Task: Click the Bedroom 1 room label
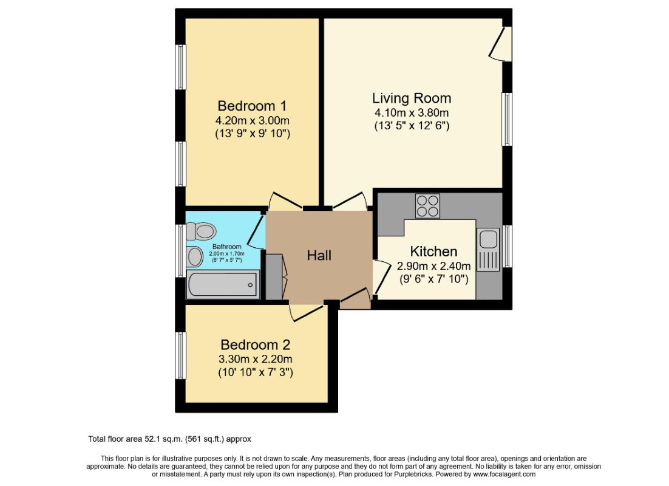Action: [252, 104]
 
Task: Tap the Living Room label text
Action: [412, 98]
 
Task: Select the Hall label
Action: [319, 256]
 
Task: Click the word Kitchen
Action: [433, 252]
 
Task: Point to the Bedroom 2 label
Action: [255, 344]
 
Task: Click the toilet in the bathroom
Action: [202, 231]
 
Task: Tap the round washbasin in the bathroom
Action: [195, 256]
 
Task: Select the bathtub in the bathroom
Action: [223, 284]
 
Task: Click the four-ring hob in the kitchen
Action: [427, 205]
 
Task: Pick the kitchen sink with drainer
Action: [487, 248]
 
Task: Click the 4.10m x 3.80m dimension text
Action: [412, 113]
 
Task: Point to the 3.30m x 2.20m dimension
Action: [255, 358]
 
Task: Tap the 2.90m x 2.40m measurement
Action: [433, 265]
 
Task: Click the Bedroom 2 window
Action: [180, 355]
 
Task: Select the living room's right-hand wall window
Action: [506, 119]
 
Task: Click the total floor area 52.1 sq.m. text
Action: [170, 439]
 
